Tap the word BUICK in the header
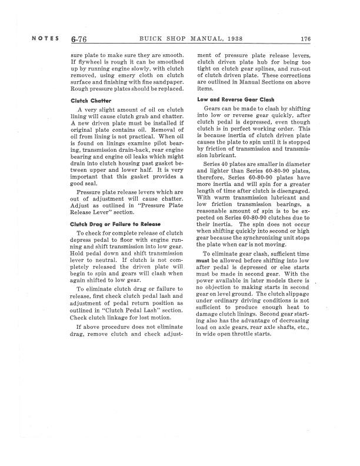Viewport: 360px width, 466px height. pos(152,39)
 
